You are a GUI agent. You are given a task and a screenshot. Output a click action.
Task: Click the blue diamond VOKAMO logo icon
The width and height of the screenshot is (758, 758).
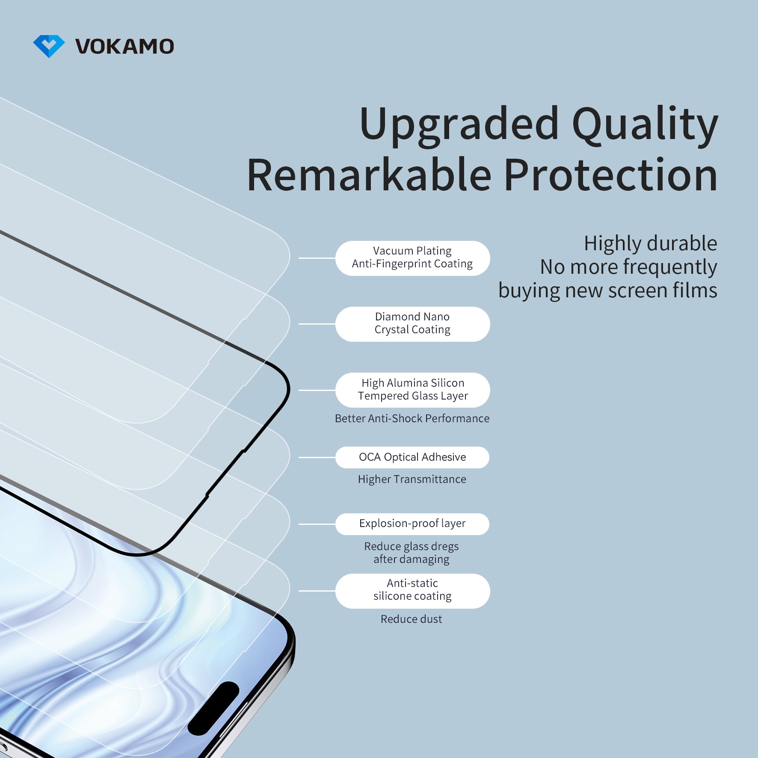click(49, 46)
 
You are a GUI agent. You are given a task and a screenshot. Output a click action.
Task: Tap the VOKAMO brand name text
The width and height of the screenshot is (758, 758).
click(124, 46)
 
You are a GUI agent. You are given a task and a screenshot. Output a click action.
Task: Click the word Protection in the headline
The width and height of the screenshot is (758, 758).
click(610, 175)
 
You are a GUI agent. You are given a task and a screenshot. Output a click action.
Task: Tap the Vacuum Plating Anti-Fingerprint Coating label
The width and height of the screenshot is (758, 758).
click(412, 258)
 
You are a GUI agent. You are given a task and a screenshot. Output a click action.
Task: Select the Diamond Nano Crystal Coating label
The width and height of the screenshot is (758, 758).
click(412, 324)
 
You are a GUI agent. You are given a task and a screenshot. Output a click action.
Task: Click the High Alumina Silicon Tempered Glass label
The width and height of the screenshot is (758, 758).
click(412, 390)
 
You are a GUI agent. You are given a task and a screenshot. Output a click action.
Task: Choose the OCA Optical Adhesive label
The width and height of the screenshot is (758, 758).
click(412, 457)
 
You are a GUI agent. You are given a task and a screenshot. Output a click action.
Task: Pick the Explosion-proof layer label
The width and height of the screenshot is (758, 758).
click(412, 524)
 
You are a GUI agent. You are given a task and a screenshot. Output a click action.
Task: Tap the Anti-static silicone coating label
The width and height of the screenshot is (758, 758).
click(412, 590)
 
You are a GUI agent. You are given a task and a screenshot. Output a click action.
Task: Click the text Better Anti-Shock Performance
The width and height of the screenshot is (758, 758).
click(412, 418)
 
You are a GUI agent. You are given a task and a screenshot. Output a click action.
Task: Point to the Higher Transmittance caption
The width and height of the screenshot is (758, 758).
click(412, 480)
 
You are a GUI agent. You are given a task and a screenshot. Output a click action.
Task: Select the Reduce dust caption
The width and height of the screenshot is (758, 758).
click(411, 619)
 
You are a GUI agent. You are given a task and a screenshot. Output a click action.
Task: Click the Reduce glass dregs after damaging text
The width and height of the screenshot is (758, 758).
click(411, 553)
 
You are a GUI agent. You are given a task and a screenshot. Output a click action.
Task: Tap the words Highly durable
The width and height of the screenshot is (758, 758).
click(650, 243)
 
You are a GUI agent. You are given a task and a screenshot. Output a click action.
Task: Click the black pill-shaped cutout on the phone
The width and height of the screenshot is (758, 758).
click(213, 708)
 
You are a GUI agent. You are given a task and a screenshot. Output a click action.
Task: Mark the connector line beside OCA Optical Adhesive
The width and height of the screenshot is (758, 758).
click(317, 457)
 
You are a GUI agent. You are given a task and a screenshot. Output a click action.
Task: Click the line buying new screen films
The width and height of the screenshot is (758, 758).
click(607, 290)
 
